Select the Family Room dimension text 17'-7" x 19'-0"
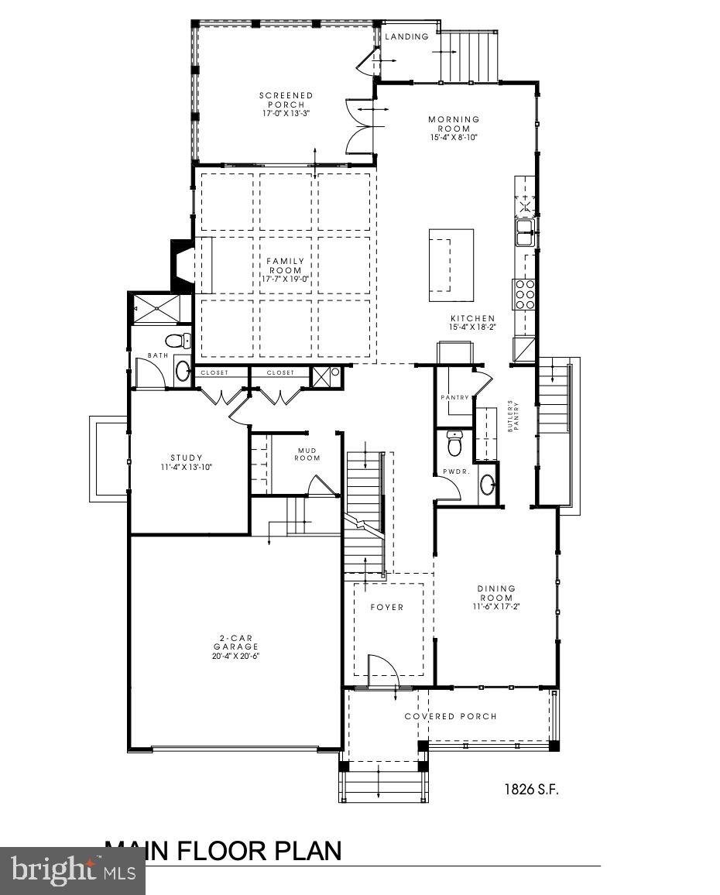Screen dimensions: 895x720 pos(286,279)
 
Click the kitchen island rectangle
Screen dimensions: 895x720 pos(451,265)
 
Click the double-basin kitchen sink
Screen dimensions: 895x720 pos(525,231)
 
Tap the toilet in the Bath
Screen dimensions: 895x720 pos(178,341)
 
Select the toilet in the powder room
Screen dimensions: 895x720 pos(454,444)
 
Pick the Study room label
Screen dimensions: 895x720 pos(186,458)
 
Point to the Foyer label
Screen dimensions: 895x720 pos(386,607)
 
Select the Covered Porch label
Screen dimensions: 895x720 pos(451,716)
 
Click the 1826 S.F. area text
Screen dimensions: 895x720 pos(531,790)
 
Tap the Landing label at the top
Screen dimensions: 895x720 pos(406,36)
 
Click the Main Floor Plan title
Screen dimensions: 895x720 pos(223,850)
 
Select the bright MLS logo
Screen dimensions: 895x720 pos(72,870)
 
